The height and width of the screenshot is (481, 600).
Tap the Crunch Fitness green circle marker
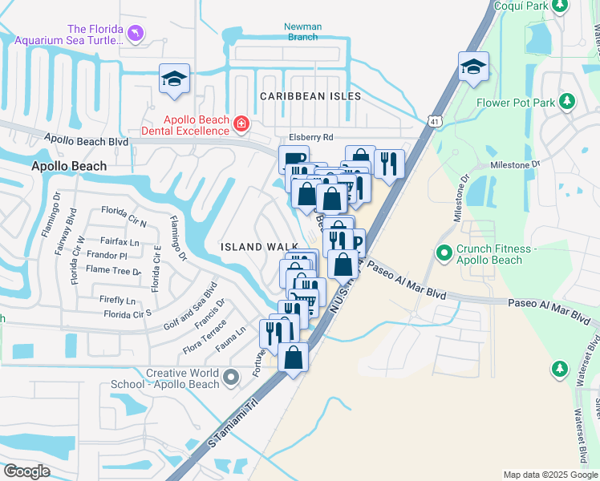(444, 253)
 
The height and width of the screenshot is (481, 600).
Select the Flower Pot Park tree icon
(567, 102)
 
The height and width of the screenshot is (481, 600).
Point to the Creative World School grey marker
(232, 376)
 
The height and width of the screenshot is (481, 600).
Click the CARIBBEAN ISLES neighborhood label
(310, 96)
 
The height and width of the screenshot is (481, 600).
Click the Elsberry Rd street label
(311, 137)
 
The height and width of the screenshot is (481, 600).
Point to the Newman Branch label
(302, 31)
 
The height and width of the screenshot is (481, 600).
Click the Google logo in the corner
(26, 471)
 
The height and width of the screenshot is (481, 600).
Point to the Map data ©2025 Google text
(550, 475)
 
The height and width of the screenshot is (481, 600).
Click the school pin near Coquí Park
(473, 67)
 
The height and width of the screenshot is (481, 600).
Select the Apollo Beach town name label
(69, 166)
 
